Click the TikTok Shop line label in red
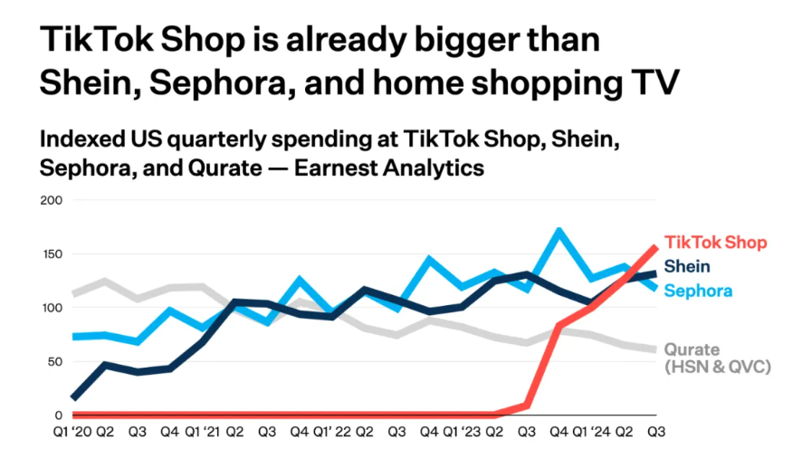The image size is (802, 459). (715, 243)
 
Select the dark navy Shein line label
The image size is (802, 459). (687, 266)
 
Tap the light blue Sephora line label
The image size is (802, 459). (698, 291)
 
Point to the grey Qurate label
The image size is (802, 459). (692, 349)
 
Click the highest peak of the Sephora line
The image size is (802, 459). (560, 231)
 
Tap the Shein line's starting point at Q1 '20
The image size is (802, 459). (73, 397)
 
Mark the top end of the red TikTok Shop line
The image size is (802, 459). (654, 247)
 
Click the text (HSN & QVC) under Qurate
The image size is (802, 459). (716, 368)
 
